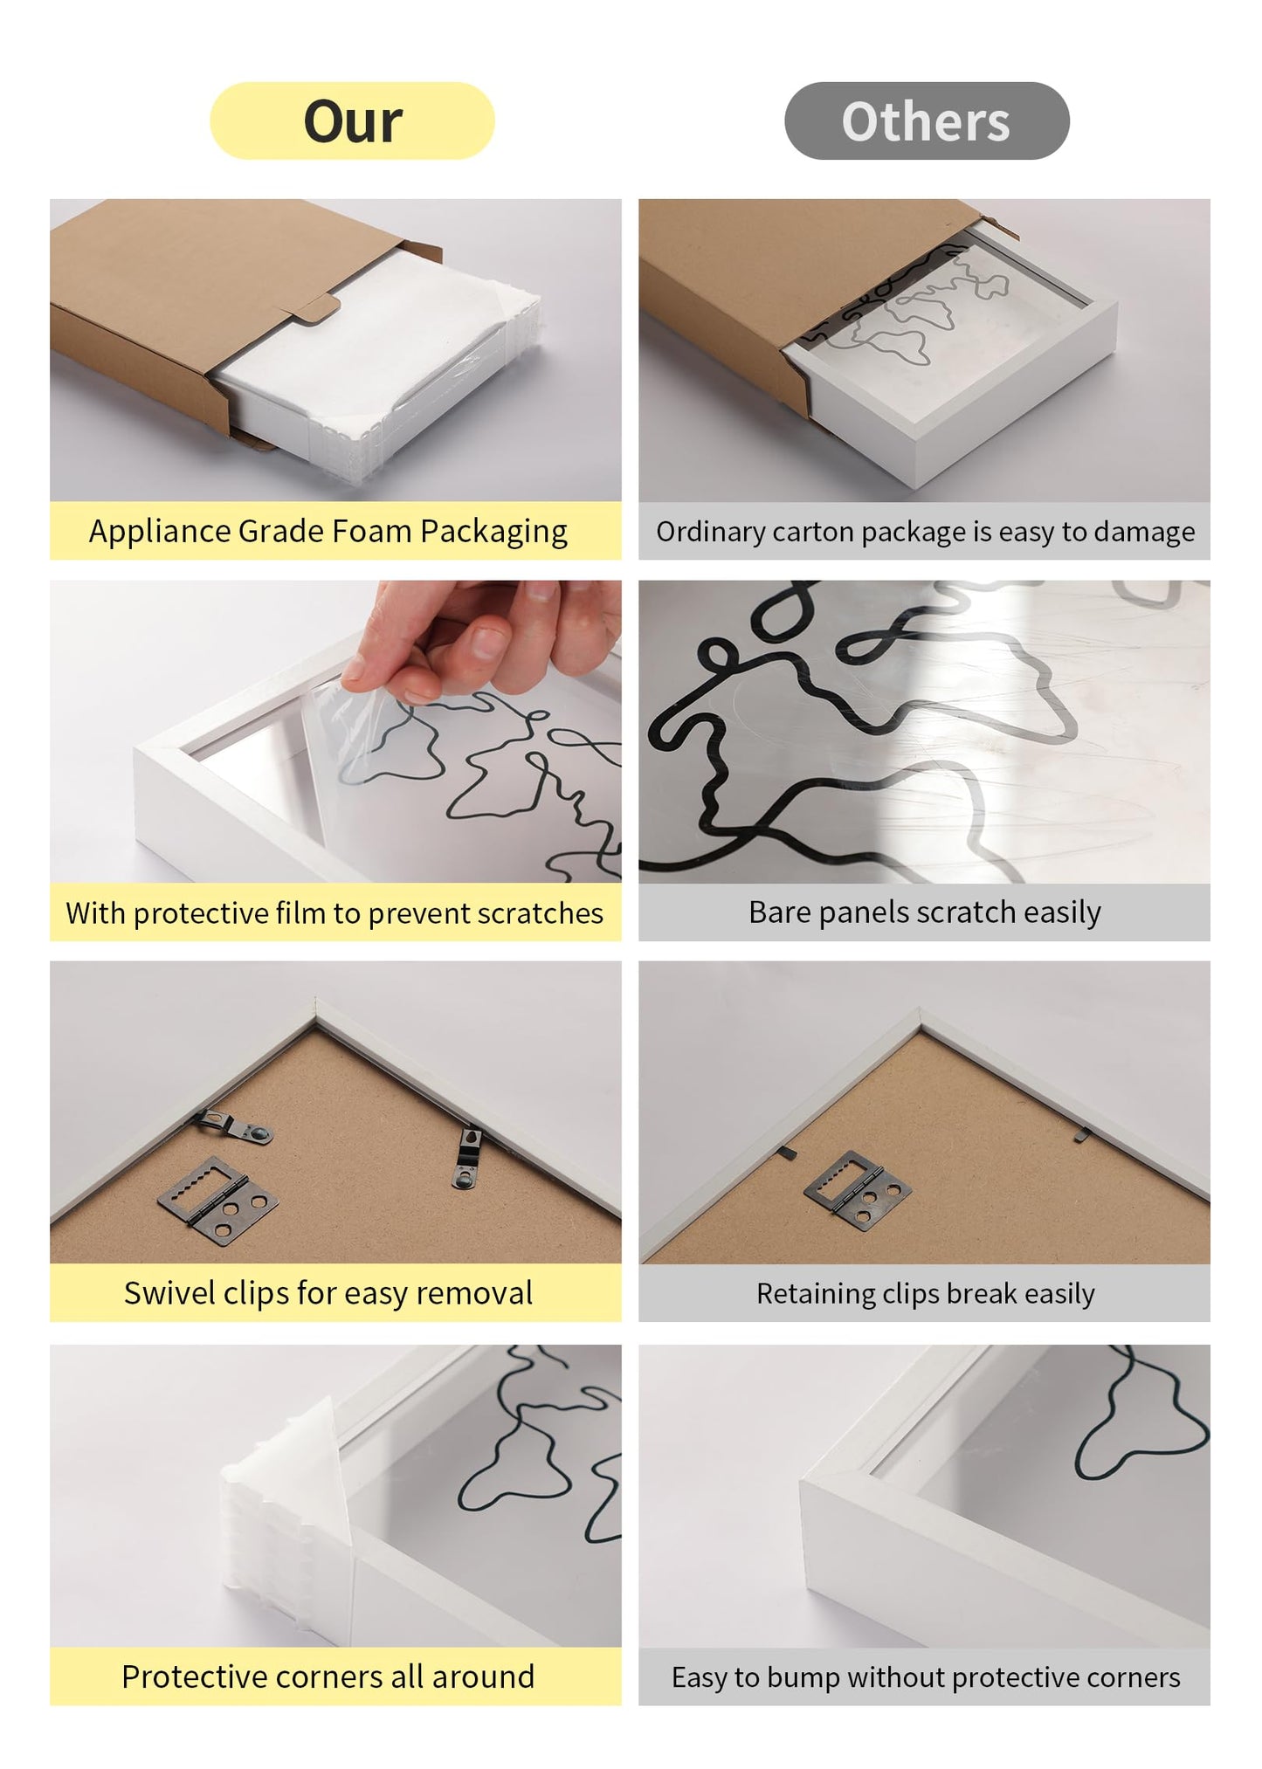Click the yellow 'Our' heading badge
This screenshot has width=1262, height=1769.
click(352, 120)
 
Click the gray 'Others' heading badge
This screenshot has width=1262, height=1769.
click(926, 120)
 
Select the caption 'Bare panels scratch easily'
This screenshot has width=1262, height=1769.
click(924, 912)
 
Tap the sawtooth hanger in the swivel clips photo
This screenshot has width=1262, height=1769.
click(217, 1200)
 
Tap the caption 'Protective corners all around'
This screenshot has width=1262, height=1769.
click(328, 1676)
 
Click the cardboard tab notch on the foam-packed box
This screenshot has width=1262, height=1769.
click(314, 310)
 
